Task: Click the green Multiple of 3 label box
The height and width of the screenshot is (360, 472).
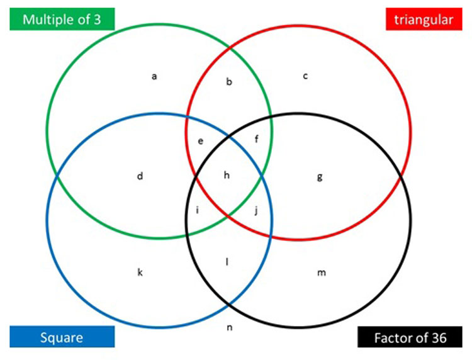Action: [62, 20]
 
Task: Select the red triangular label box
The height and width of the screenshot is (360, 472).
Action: [423, 20]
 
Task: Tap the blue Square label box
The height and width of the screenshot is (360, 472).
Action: [62, 338]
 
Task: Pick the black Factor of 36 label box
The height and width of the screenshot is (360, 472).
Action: [410, 338]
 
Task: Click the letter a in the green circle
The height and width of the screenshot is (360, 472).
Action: [154, 77]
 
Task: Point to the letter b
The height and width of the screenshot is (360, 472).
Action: [229, 81]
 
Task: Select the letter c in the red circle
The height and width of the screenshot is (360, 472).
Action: [305, 77]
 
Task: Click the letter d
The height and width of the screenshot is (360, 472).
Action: [140, 176]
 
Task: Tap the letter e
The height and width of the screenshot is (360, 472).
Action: [201, 141]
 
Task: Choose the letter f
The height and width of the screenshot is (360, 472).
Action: [256, 140]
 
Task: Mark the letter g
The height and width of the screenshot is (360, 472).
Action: [320, 177]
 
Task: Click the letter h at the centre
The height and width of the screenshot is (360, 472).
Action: [227, 175]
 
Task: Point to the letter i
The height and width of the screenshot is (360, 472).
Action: [198, 210]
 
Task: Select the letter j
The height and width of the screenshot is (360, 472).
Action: [256, 210]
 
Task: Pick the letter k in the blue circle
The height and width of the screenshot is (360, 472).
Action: [140, 272]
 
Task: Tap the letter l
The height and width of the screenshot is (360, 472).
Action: [227, 261]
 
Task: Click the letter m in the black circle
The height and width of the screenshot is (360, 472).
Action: [321, 273]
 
